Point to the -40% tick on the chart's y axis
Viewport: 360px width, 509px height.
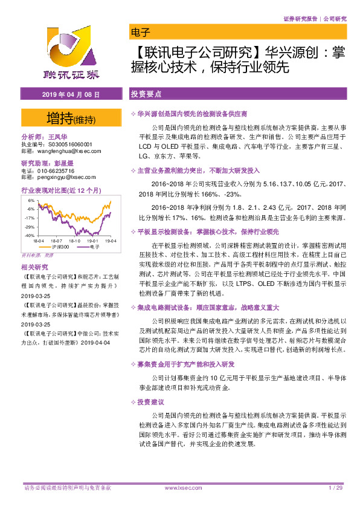(29, 235)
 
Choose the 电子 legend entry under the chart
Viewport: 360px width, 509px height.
(94, 247)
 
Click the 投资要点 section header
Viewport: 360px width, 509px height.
(146, 95)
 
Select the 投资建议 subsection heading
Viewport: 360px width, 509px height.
(150, 401)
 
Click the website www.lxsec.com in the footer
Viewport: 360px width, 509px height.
(179, 488)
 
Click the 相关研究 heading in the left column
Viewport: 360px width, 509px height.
(34, 267)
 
